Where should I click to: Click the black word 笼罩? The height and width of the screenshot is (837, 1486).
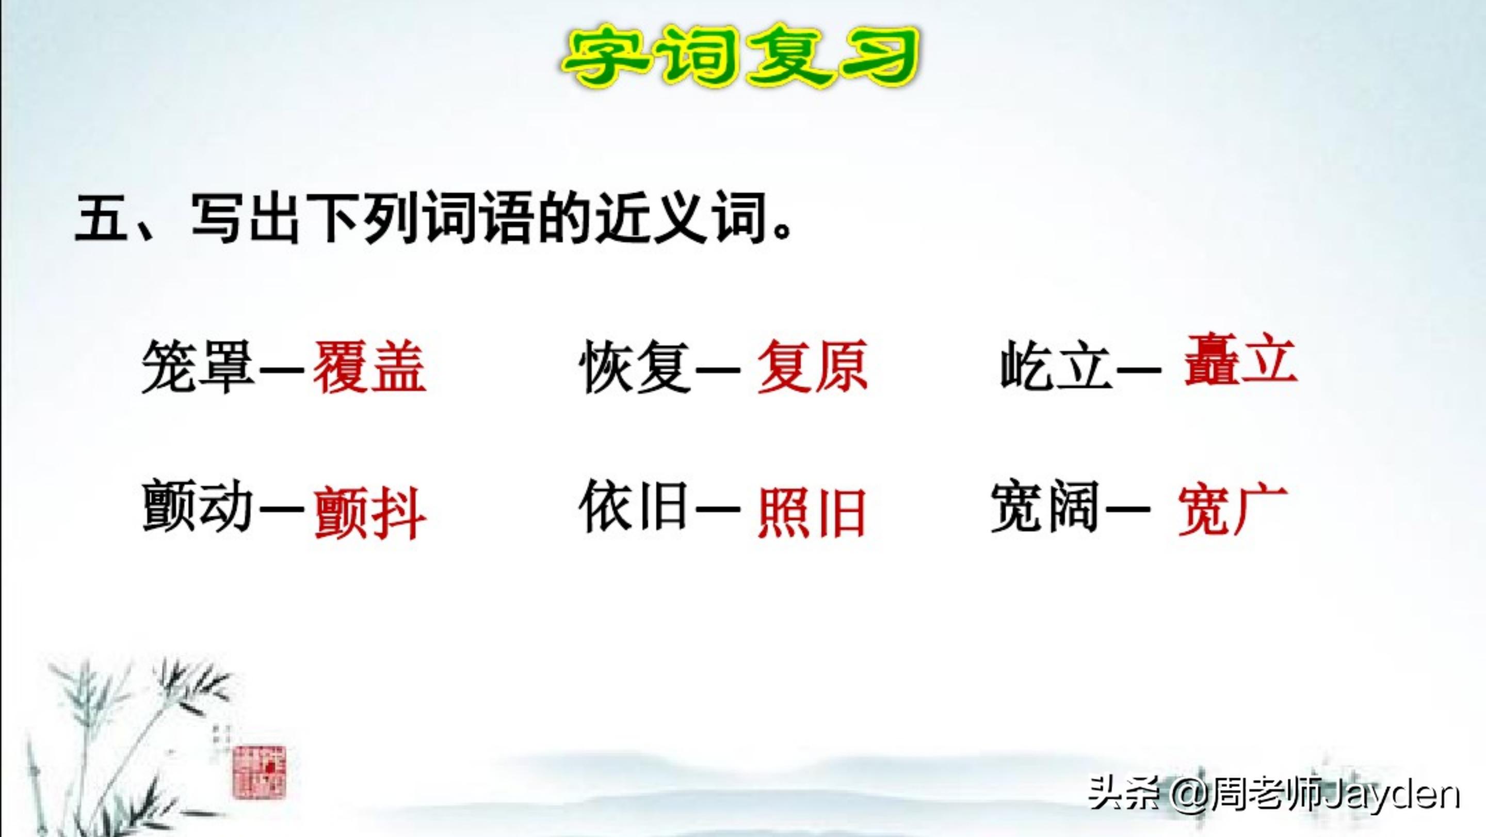(198, 367)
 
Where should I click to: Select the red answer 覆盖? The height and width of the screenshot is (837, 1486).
(370, 367)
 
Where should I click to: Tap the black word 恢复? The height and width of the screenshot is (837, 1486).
(635, 367)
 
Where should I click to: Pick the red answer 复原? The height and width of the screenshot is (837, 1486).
(812, 367)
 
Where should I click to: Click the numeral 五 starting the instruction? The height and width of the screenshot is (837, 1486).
(102, 219)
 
